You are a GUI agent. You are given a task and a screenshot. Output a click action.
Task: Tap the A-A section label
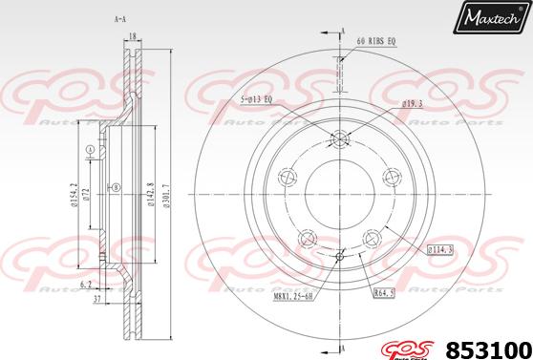coord(121,18)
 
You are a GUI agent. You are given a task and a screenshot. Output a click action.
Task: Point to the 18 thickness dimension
coord(134,35)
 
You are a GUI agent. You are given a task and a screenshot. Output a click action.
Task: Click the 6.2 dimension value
coord(86,284)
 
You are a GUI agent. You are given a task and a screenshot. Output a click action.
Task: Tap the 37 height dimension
coord(96,299)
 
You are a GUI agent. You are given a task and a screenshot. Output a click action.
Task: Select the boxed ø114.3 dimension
coord(439,249)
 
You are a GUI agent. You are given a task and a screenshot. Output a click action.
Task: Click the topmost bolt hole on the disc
coord(341,139)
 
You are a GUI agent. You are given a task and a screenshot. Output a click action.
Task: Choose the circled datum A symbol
coord(90,150)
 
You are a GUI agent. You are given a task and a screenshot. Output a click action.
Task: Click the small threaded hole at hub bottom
coord(341,255)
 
